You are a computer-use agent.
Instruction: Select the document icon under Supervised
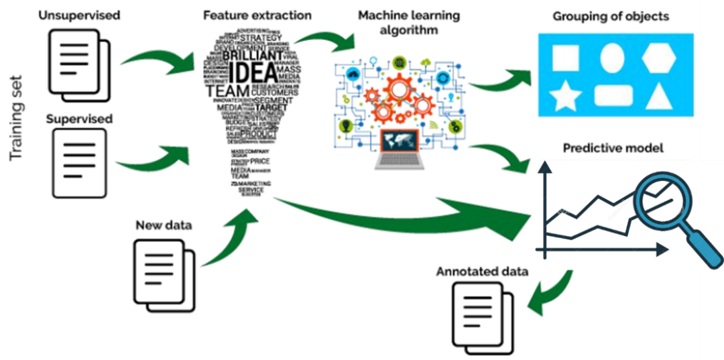click(80, 164)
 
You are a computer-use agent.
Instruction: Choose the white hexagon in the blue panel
click(662, 58)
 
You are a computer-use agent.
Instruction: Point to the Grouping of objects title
click(611, 16)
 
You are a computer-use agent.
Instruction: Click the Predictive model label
click(613, 148)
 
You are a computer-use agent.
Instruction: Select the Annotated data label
click(482, 272)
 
